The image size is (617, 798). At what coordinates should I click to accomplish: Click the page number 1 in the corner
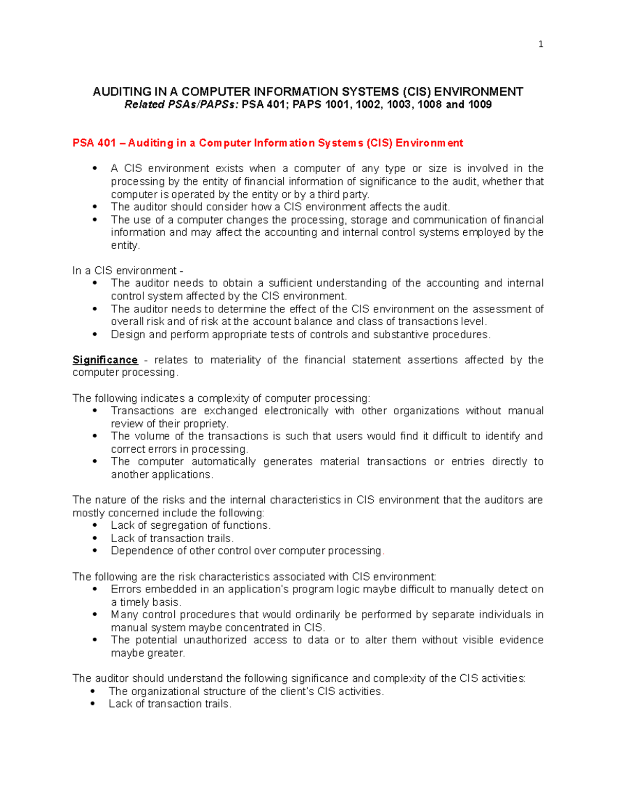click(540, 45)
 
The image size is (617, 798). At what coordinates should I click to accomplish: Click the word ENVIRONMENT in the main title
click(478, 92)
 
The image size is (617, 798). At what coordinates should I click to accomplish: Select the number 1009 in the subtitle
click(480, 105)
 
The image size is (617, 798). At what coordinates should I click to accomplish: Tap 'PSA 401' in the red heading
click(94, 143)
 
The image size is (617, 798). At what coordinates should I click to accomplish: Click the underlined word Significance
click(105, 360)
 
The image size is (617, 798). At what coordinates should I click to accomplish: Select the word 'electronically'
click(296, 411)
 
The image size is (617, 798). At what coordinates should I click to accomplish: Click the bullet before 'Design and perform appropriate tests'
click(95, 335)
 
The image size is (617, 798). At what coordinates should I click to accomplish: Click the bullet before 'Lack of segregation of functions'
click(95, 526)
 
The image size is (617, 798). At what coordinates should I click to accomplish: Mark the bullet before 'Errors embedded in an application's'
click(95, 589)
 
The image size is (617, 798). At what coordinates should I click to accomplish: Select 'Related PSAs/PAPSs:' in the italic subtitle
click(182, 105)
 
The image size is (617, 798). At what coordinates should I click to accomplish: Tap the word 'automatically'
click(224, 462)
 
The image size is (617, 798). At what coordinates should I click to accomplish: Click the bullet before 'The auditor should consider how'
click(95, 207)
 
